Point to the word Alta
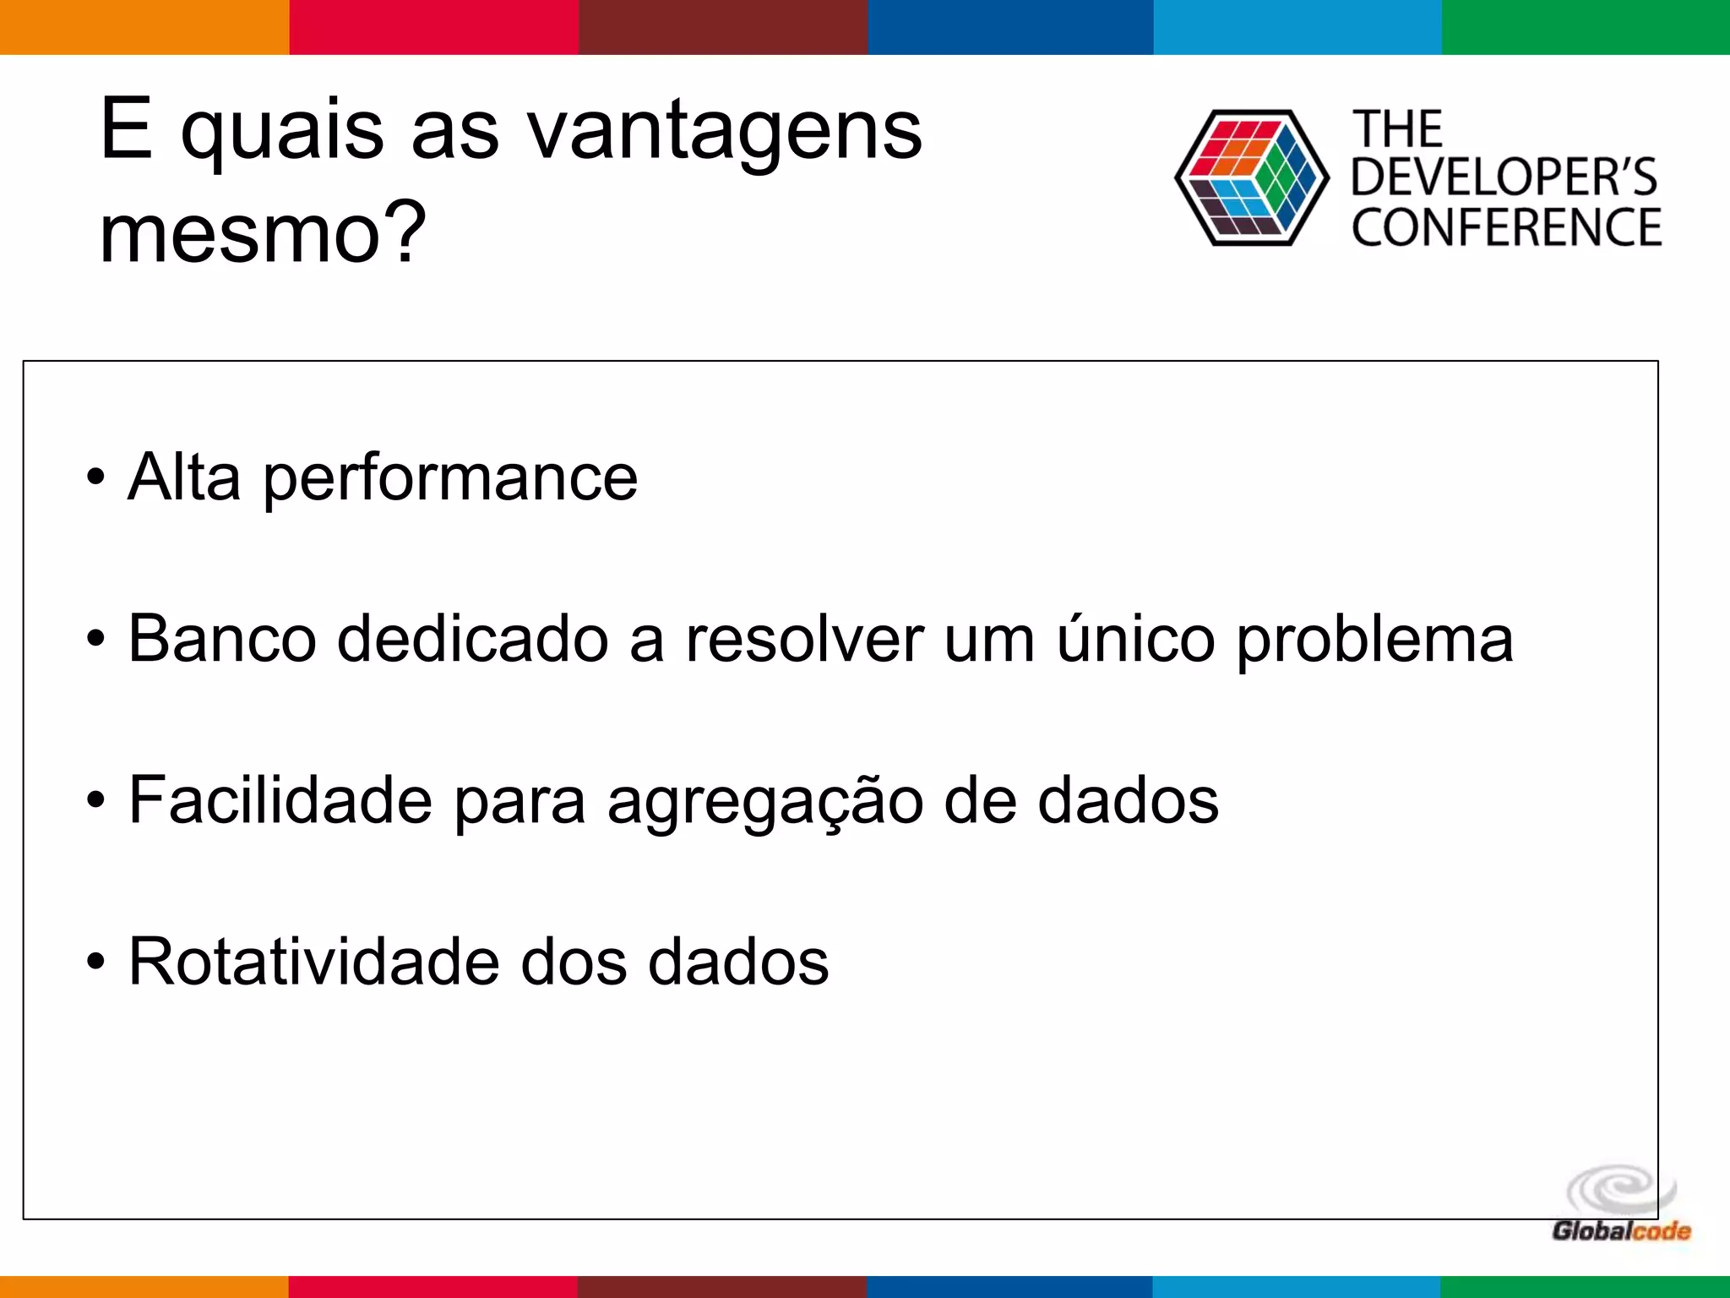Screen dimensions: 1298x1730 pos(184,477)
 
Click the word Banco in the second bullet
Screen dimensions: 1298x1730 pos(222,640)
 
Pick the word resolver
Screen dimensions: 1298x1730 pos(804,640)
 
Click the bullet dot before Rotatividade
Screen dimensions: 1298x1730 pos(95,963)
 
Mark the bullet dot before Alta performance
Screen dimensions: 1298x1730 pos(95,478)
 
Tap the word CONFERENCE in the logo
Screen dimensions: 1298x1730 pos(1506,227)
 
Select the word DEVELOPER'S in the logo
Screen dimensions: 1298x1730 pos(1504,177)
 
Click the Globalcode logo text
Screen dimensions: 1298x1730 pos(1621,1231)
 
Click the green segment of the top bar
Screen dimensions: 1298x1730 pos(1586,27)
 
